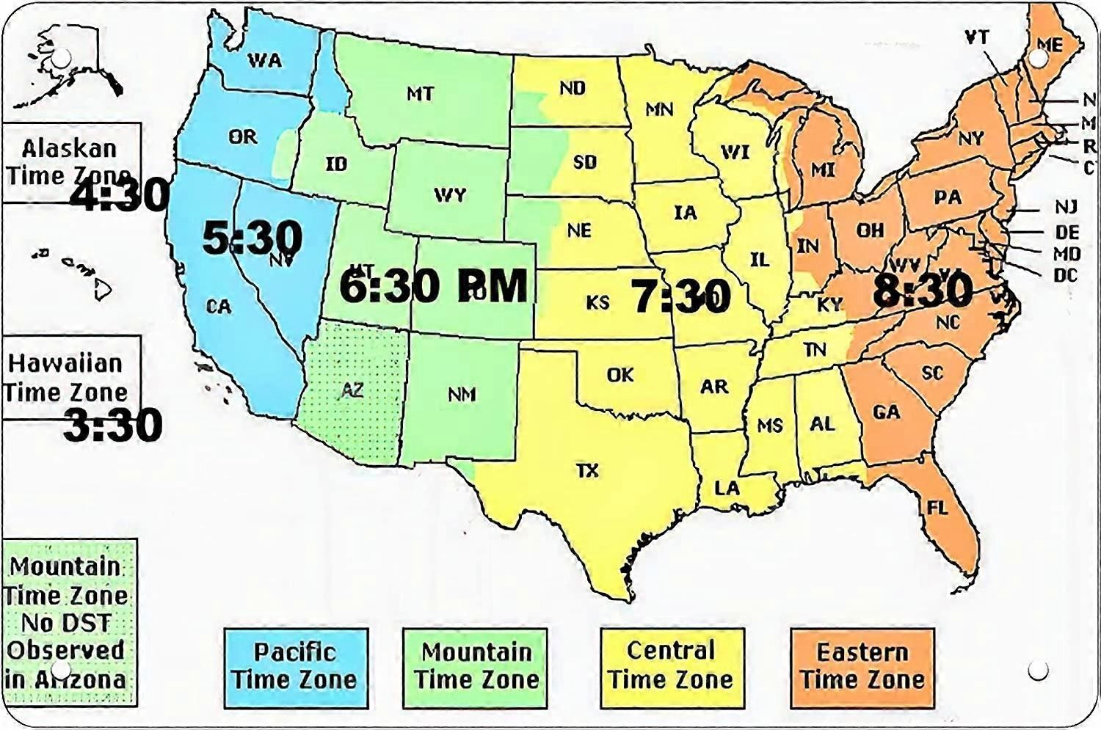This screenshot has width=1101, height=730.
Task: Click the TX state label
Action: click(x=587, y=470)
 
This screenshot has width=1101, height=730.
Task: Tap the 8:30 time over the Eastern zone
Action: click(x=923, y=290)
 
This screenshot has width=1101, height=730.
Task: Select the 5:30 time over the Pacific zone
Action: click(x=252, y=238)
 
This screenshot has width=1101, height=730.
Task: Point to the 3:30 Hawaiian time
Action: click(x=113, y=425)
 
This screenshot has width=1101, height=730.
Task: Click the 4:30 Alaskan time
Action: click(x=120, y=195)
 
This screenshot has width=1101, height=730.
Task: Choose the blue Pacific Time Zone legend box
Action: click(x=295, y=667)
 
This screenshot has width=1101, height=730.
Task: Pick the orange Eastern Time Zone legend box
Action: click(x=862, y=667)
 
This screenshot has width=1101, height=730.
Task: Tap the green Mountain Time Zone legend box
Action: click(x=476, y=667)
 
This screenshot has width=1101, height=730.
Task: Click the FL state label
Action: click(x=937, y=508)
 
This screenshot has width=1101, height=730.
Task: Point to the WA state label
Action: click(x=265, y=60)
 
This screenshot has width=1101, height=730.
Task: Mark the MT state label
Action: click(x=420, y=94)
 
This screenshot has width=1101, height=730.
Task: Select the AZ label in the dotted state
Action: click(x=352, y=390)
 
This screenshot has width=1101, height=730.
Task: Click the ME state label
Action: click(x=1050, y=45)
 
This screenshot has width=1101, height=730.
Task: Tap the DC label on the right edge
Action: click(x=1066, y=275)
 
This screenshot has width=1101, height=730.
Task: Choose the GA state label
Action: click(x=886, y=412)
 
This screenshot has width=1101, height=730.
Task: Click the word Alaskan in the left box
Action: click(x=69, y=149)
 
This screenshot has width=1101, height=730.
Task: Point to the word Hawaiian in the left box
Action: click(x=65, y=363)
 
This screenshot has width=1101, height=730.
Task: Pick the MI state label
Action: click(x=823, y=170)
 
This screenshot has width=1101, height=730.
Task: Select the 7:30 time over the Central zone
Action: click(x=681, y=297)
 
